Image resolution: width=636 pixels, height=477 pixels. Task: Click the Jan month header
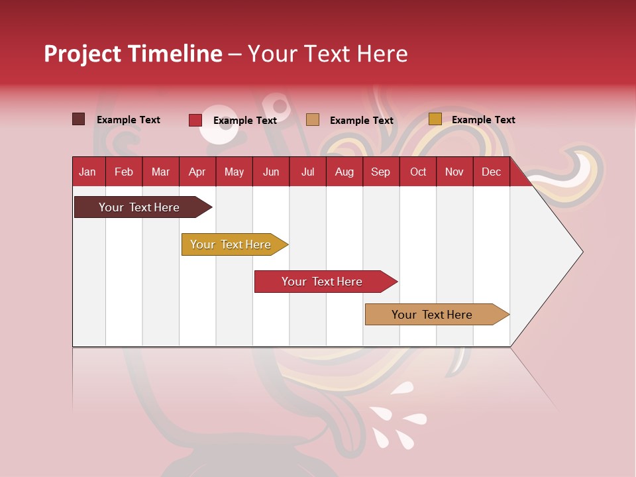point(88,172)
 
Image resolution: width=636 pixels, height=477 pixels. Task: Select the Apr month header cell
point(197,172)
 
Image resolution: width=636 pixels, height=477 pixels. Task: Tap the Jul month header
point(307,172)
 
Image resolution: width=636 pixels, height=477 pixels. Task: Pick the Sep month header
point(381,172)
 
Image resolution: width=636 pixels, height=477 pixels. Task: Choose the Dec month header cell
point(492,172)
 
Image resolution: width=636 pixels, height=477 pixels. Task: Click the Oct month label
point(418,172)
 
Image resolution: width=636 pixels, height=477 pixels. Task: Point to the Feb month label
point(124,172)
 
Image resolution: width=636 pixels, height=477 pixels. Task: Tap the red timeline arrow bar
point(323,282)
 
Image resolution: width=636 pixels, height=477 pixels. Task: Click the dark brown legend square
point(78,119)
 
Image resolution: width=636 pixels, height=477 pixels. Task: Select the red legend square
point(195,120)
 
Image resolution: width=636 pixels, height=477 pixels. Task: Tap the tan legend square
point(313,120)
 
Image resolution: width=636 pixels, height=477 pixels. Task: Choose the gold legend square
point(435,119)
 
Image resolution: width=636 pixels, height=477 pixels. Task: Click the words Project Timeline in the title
point(132,54)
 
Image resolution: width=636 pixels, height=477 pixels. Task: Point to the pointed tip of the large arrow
point(581,252)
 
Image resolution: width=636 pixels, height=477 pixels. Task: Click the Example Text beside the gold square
point(483,120)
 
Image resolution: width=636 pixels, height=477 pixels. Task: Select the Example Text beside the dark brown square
point(128,120)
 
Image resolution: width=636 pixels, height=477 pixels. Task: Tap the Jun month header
point(271,172)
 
